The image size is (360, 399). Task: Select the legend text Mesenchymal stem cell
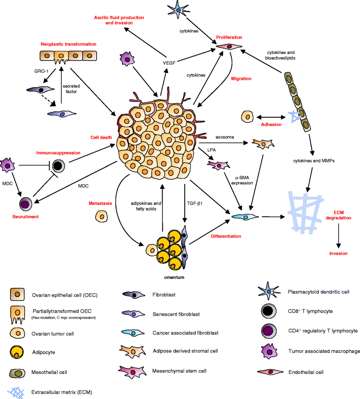[176, 371]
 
